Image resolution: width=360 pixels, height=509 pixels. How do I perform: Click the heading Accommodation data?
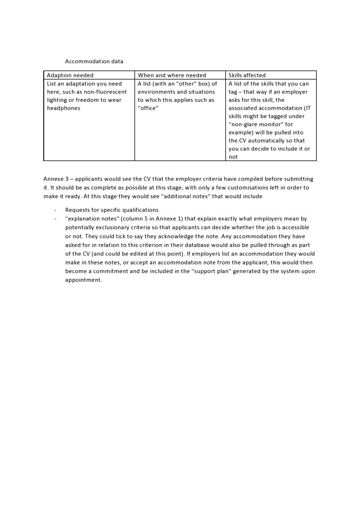click(94, 61)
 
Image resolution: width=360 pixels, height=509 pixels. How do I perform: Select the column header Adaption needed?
click(70, 76)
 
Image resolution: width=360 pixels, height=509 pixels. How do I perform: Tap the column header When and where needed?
click(172, 76)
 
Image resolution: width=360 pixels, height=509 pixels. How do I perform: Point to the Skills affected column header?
click(247, 76)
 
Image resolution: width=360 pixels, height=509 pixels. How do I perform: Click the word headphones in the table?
click(64, 108)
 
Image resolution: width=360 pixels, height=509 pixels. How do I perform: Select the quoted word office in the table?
click(148, 108)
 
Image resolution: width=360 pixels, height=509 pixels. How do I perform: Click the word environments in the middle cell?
click(156, 92)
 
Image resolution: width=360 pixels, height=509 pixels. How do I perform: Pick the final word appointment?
click(83, 279)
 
